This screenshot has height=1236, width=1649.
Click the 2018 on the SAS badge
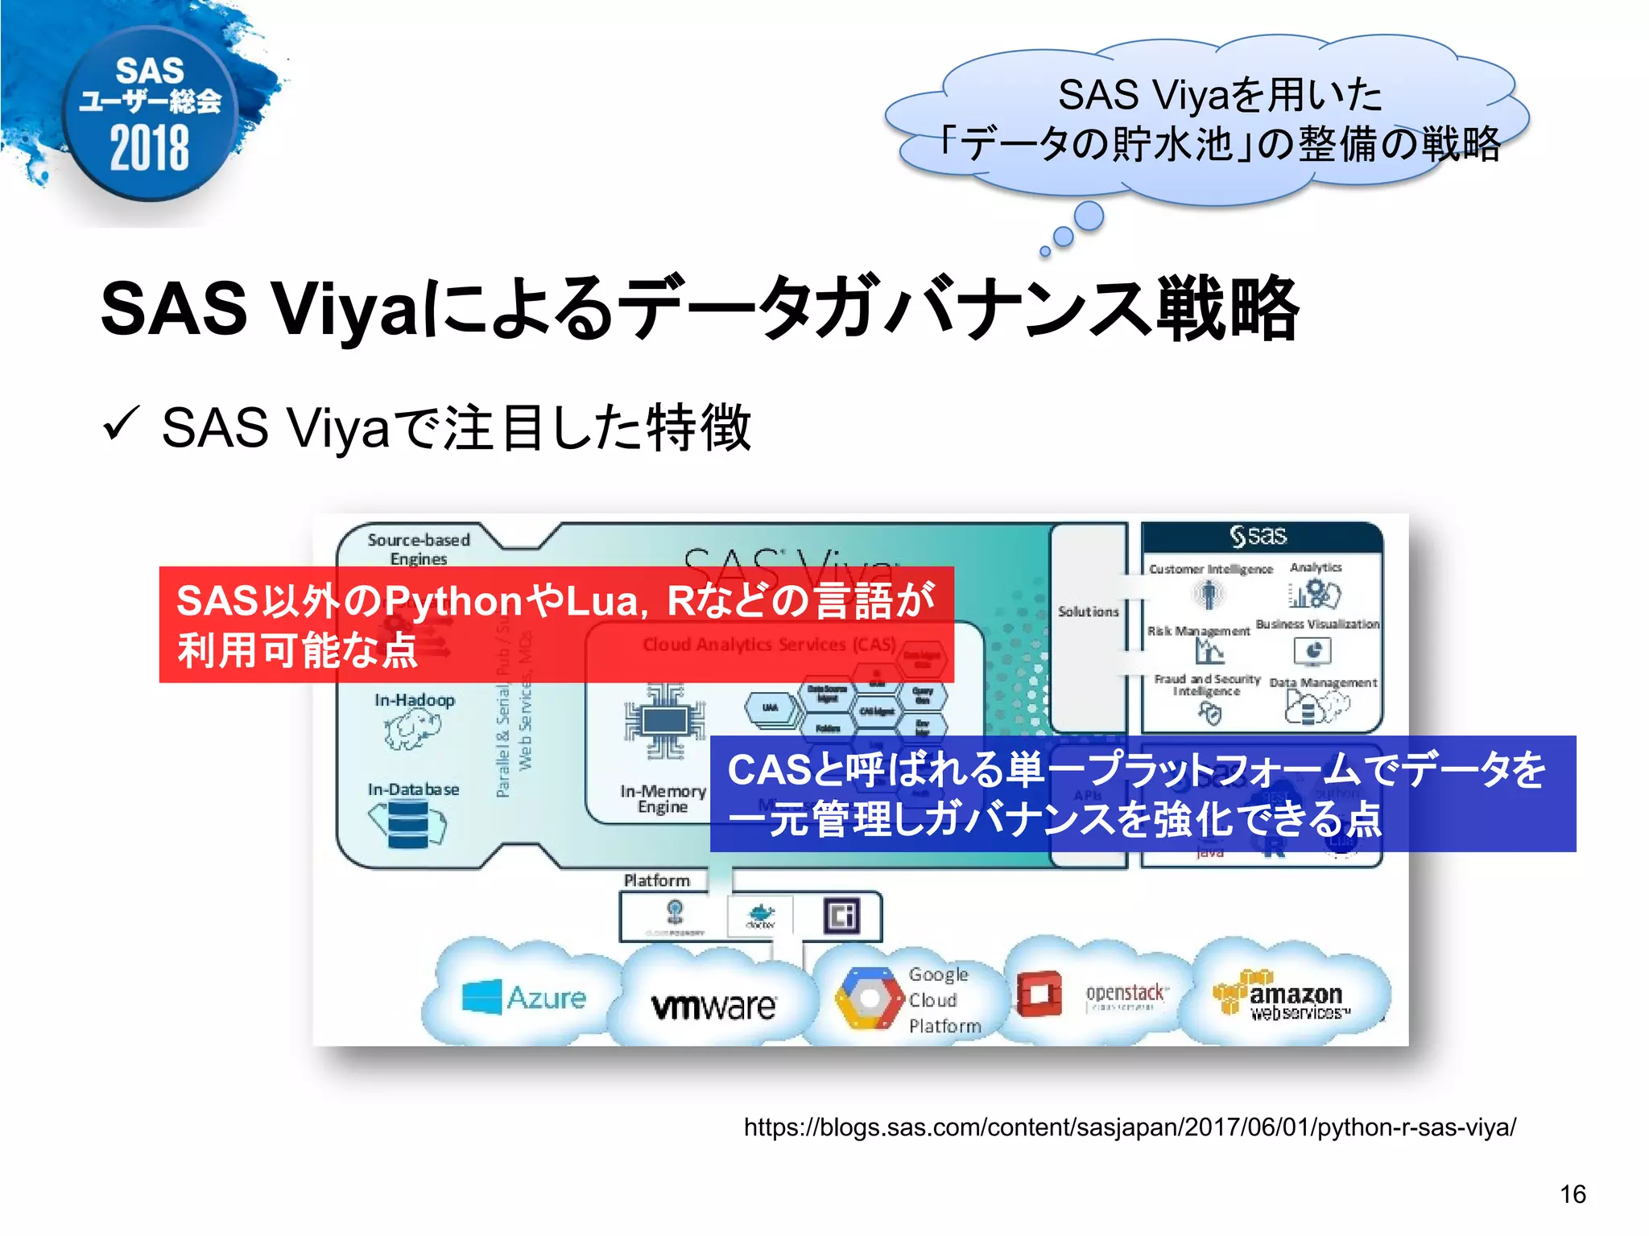150,149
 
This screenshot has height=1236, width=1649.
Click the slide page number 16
1573,1194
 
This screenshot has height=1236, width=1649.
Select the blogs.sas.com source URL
1129,1127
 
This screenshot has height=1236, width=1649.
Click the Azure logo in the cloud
524,998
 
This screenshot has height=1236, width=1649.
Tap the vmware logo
713,1005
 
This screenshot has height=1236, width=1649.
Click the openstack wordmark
1125,993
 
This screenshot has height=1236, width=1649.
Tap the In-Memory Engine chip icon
664,721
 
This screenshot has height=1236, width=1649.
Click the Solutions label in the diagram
1088,612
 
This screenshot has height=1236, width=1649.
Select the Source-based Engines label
419,549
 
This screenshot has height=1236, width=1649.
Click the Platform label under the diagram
657,880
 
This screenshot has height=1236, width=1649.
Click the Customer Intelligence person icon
1208,595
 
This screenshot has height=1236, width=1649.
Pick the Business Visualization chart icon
1312,650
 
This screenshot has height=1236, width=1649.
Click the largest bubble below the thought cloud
1089,216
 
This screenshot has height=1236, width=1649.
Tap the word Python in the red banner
454,601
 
